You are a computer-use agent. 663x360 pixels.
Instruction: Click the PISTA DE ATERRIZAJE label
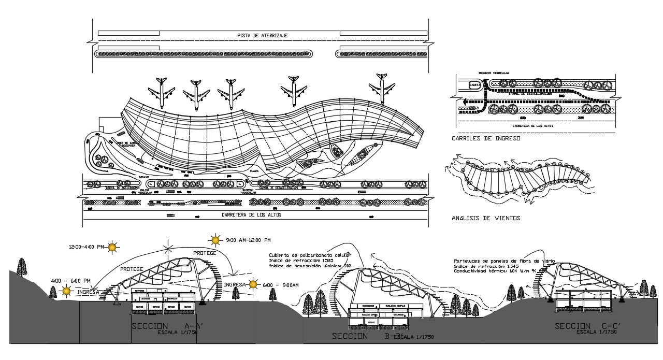(263, 35)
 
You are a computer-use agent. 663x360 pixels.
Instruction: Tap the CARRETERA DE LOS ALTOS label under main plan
(251, 214)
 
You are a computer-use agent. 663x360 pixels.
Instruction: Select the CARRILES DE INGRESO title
(485, 139)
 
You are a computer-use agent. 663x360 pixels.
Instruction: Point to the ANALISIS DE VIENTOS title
(486, 218)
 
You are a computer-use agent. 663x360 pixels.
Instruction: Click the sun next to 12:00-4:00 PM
(112, 248)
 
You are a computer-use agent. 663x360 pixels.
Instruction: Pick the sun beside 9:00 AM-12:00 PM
(215, 240)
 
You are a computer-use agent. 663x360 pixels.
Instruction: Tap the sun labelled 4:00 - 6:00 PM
(66, 291)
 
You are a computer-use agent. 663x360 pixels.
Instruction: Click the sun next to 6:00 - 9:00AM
(253, 284)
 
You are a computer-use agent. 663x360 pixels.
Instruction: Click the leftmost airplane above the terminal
(161, 92)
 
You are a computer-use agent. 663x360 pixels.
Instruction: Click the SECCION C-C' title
(587, 326)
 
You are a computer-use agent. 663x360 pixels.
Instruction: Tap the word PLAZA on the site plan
(254, 170)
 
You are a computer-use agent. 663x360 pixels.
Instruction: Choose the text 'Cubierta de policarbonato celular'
(310, 255)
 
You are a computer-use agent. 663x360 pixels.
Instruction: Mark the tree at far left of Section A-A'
(22, 266)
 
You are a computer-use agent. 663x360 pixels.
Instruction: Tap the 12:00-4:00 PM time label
(86, 247)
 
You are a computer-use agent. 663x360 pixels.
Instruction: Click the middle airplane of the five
(231, 93)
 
